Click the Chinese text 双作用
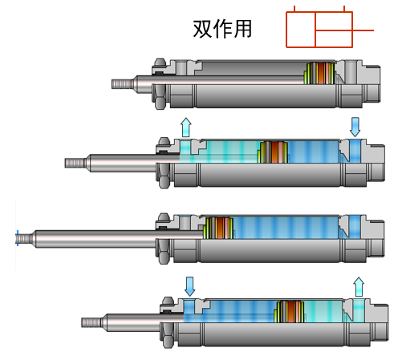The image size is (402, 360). click(222, 30)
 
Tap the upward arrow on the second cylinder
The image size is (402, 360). click(186, 127)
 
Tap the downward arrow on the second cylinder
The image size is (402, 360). click(355, 126)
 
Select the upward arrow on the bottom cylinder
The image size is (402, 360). click(359, 286)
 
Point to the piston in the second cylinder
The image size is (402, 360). click(274, 152)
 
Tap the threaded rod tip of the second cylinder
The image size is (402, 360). click(75, 163)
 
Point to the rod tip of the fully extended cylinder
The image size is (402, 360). click(25, 237)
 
